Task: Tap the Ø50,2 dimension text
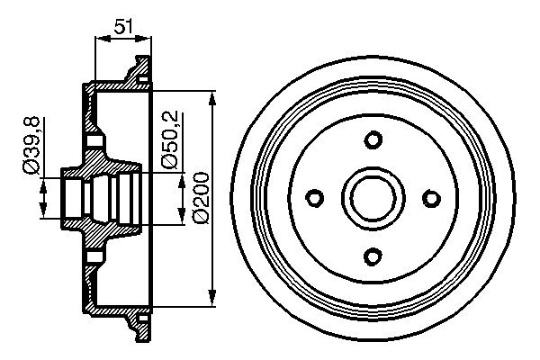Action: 168,139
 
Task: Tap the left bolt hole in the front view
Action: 315,197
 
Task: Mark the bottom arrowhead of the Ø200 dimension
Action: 213,299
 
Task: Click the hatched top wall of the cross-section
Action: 117,88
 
